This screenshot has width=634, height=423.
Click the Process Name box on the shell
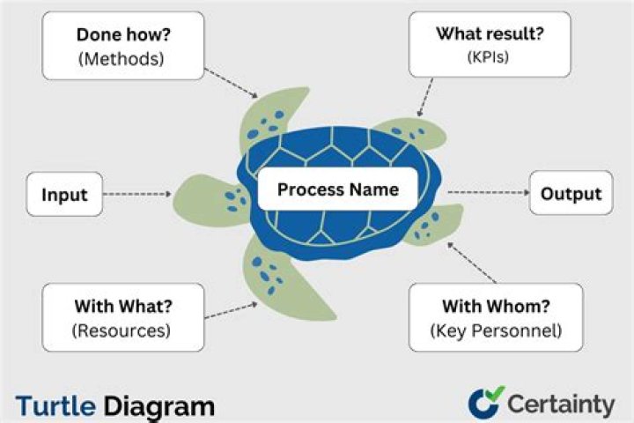coord(337,189)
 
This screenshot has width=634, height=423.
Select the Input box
coord(64,194)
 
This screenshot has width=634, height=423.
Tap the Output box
coord(571,193)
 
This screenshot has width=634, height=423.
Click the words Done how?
coord(124,35)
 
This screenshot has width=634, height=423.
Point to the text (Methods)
coord(122,59)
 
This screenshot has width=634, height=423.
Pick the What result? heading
coord(490,33)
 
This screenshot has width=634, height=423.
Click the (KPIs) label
coord(488,56)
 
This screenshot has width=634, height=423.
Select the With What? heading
coord(123,306)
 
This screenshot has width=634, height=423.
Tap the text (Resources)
coord(122,330)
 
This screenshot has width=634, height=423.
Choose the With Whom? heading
coord(496,306)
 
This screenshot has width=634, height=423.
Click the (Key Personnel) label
coord(496,330)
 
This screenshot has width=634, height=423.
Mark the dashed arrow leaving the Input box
coord(137,194)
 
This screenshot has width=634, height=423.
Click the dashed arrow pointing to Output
coord(489,192)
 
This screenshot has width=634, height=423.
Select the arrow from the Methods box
coord(231,83)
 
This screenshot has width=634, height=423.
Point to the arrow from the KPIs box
coord(426,98)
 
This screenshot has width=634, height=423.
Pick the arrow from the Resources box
coord(232,310)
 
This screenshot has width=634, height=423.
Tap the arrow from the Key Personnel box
coord(471,263)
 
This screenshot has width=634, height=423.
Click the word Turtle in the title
coord(55,406)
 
